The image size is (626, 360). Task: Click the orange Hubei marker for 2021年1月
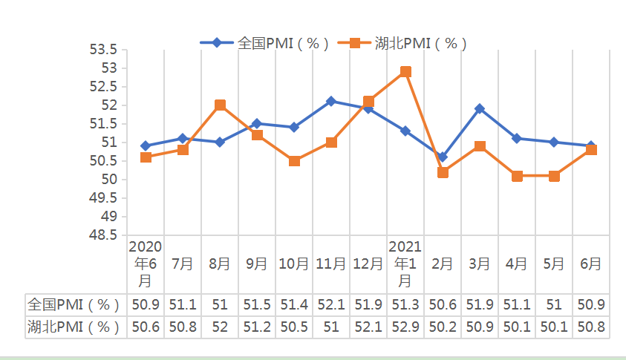tap(405, 72)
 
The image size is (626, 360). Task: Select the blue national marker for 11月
tap(331, 101)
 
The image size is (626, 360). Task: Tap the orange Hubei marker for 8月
tap(220, 105)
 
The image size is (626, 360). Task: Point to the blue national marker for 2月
tap(443, 157)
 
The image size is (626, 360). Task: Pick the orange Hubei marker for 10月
tap(294, 160)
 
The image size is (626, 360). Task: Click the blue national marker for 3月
tap(480, 108)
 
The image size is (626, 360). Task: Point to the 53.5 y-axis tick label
tap(103, 50)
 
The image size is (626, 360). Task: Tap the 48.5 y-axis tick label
tap(103, 235)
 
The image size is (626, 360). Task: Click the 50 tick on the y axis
tap(110, 180)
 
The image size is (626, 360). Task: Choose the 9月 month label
tap(257, 264)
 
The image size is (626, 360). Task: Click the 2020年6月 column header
tap(146, 264)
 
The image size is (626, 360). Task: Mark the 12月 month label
tap(368, 264)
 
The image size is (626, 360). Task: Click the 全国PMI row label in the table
tap(74, 304)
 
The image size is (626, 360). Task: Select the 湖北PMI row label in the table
tap(74, 327)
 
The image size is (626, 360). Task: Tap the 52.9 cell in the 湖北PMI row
tap(405, 327)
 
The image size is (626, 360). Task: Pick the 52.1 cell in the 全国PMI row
tap(331, 304)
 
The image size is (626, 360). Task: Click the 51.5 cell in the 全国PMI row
tap(257, 304)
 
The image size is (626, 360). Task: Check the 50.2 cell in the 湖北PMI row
tap(443, 327)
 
